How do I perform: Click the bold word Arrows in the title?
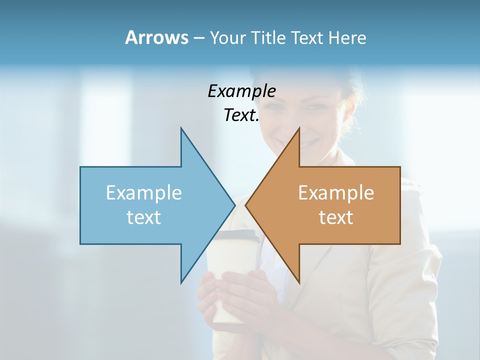tap(156, 37)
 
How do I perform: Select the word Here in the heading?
tap(347, 38)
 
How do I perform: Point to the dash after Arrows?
tap(198, 38)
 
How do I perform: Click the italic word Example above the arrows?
tap(241, 91)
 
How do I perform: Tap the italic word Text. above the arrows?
tap(241, 115)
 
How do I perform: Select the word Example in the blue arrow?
tap(144, 193)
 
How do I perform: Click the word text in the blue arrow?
tap(144, 217)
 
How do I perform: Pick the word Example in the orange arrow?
tap(336, 193)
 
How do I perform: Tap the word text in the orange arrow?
tap(336, 217)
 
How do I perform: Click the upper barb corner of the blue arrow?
tap(181, 128)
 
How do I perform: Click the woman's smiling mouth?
tap(306, 142)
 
